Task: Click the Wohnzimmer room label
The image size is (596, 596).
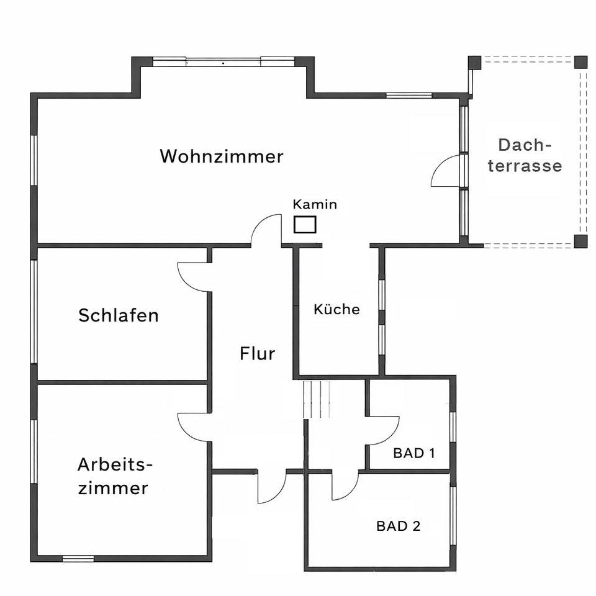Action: (222, 156)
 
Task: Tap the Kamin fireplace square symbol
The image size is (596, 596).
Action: (305, 224)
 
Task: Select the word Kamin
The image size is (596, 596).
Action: (315, 204)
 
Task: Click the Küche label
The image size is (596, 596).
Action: (336, 309)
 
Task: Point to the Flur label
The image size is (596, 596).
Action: (257, 354)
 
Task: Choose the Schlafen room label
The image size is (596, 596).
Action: (118, 315)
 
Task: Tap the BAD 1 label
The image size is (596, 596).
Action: (414, 453)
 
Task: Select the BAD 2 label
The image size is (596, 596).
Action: (399, 526)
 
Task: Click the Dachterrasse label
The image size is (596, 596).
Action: (525, 155)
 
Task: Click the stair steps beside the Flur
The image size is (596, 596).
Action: (316, 399)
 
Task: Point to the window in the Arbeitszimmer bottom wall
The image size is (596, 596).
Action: (78, 558)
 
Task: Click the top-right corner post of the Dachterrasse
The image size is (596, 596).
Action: (580, 62)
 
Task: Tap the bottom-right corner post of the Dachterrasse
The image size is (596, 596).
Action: (580, 241)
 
